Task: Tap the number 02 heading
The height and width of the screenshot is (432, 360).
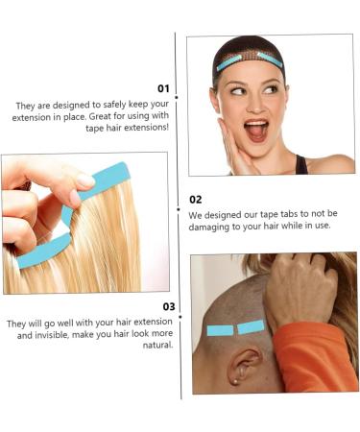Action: click(x=196, y=199)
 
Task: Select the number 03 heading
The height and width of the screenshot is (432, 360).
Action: click(x=167, y=306)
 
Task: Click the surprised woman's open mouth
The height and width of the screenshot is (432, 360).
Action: click(x=257, y=129)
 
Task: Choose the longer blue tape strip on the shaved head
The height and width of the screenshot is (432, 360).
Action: click(x=222, y=330)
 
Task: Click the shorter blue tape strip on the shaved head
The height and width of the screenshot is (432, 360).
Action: click(x=251, y=326)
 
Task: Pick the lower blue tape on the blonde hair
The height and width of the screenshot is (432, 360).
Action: click(x=43, y=252)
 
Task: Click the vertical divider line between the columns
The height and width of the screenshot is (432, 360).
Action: click(x=179, y=221)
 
